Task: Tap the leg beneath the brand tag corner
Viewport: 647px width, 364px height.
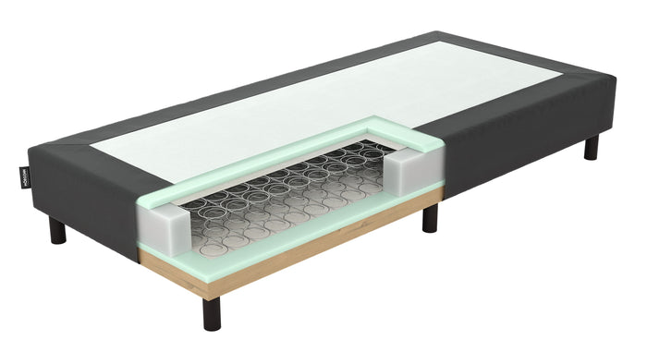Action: (57, 231)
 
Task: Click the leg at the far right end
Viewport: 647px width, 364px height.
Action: (591, 147)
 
